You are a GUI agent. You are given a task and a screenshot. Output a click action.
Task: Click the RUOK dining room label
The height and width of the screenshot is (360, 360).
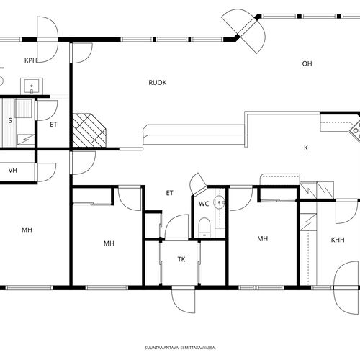pos(158,83)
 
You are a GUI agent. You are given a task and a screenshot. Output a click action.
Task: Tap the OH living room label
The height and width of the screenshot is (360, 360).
pos(307,63)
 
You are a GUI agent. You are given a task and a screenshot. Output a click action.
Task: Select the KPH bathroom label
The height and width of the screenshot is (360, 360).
pos(31,60)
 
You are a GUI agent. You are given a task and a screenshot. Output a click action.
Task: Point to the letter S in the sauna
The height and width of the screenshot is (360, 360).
pos(10,120)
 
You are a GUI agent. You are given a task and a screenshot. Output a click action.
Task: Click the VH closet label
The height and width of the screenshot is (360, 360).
pos(13,171)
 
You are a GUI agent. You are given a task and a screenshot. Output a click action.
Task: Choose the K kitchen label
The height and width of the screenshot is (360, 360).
pos(306,148)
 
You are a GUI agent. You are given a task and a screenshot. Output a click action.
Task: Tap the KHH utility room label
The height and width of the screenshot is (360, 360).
pos(338,240)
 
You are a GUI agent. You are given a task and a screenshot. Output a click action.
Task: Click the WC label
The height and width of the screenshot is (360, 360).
pos(204,204)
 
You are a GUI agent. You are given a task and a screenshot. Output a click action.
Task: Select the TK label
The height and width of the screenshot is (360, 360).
pos(181,259)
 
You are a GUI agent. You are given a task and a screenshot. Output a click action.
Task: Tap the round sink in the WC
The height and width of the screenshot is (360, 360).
pos(220,202)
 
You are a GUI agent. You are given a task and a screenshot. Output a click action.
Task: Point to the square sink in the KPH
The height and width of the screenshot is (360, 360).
pos(32,86)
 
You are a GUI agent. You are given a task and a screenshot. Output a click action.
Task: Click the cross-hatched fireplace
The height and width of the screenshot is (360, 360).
pos(89,130)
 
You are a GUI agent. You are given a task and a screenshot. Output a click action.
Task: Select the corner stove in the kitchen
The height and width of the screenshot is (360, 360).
pos(356,130)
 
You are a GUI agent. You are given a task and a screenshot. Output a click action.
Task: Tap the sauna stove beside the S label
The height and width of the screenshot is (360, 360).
pos(24,109)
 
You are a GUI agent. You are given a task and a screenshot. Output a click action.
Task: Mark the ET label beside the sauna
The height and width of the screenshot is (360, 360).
pos(53,125)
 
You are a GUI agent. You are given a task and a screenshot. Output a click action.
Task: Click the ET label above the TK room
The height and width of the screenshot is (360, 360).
pos(169,193)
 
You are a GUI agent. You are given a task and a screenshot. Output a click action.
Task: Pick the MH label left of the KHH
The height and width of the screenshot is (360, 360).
pos(262,238)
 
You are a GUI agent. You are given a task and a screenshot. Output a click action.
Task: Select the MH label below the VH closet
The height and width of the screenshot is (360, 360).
pos(27,230)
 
